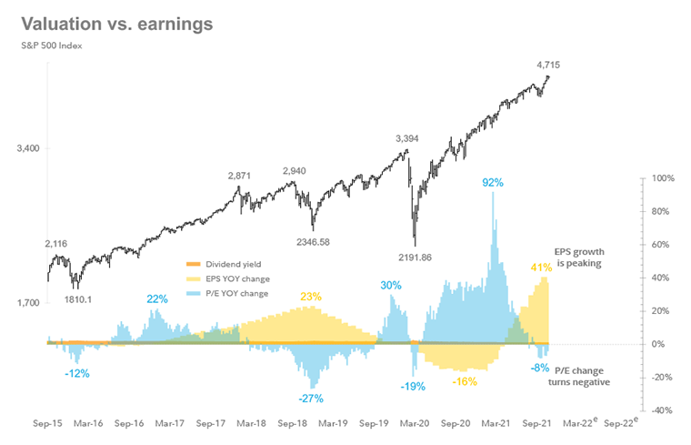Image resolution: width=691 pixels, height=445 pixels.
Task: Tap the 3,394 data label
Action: (x=411, y=138)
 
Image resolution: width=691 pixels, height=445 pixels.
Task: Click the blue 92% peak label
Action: (x=492, y=182)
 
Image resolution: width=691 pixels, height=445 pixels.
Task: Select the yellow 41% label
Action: (x=542, y=267)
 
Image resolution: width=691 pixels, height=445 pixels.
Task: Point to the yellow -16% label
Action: (x=464, y=380)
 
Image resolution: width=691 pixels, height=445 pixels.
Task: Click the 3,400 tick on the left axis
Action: (x=27, y=147)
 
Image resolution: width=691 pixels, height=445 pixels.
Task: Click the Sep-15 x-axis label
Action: (x=47, y=423)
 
